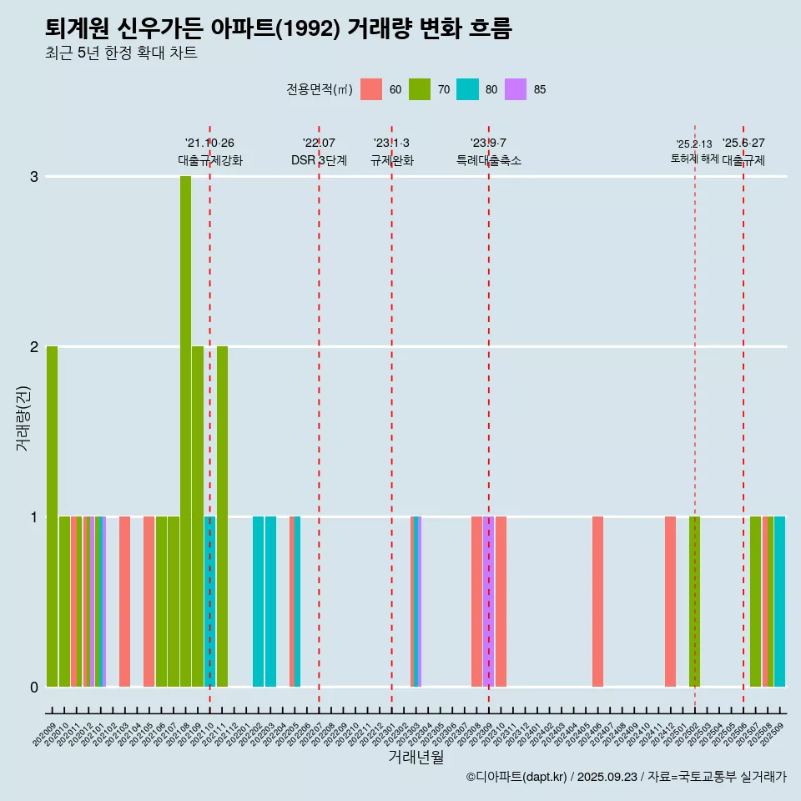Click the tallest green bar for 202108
pyautogui.click(x=185, y=431)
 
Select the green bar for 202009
pyautogui.click(x=52, y=516)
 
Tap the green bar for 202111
pyautogui.click(x=222, y=516)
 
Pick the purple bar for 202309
pyautogui.click(x=489, y=601)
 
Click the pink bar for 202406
pyautogui.click(x=597, y=601)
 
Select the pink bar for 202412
pyautogui.click(x=670, y=601)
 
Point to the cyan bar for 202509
pyautogui.click(x=779, y=601)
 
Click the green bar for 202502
pyautogui.click(x=694, y=601)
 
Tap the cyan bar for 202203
pyautogui.click(x=270, y=601)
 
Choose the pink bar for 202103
pyautogui.click(x=124, y=601)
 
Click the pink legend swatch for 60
pyautogui.click(x=371, y=89)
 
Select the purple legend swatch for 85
pyautogui.click(x=516, y=89)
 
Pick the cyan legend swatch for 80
pyautogui.click(x=468, y=89)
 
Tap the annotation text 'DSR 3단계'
pyautogui.click(x=319, y=160)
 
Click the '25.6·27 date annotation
pyautogui.click(x=743, y=143)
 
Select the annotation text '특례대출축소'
pyautogui.click(x=489, y=160)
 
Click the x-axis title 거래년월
pyautogui.click(x=416, y=757)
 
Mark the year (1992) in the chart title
pyautogui.click(x=307, y=29)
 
